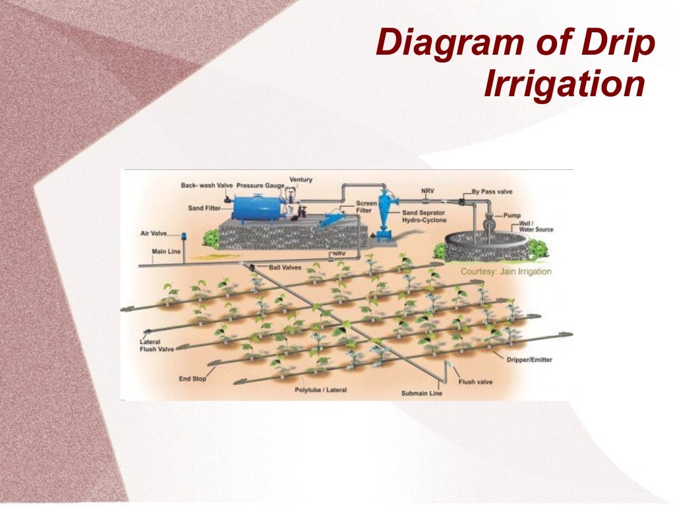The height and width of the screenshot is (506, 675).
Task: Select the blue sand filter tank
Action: coord(258,206)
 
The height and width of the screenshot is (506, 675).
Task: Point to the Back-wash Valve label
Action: coord(207,186)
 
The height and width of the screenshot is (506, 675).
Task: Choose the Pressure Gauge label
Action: coord(260,186)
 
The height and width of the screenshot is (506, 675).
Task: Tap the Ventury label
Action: coord(301,179)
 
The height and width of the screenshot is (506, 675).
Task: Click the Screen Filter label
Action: coord(367,208)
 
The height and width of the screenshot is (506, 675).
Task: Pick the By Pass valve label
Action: coord(492,192)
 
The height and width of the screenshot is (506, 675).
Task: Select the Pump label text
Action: coord(512,215)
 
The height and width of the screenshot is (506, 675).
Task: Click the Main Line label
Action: coord(166,251)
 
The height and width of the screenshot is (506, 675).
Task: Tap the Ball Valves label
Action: coord(285,267)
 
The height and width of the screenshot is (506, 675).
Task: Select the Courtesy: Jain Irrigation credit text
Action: coord(506,271)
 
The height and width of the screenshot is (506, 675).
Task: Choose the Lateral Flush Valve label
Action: coord(157,346)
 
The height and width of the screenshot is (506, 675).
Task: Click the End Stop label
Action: coord(193,379)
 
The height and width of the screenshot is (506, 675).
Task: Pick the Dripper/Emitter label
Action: coord(529,359)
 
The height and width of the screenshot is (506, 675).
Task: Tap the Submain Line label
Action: coord(422,393)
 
